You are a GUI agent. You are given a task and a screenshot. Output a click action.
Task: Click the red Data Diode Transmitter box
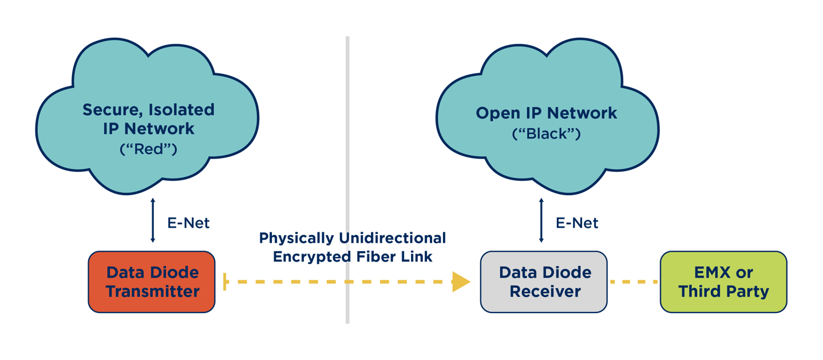[152, 282]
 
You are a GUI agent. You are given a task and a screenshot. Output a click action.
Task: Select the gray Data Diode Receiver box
[544, 282]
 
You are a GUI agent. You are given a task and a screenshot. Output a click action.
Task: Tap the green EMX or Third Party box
[723, 282]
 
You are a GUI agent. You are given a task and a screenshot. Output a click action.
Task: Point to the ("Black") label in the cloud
[546, 134]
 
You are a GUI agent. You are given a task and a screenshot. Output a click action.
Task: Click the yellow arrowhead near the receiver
[461, 282]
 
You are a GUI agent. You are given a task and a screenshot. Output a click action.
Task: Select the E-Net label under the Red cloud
[188, 223]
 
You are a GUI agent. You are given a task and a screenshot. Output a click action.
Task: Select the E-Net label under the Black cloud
[577, 223]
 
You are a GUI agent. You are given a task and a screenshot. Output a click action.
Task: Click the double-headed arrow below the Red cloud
[152, 220]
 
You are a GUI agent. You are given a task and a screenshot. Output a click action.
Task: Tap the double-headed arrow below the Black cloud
[541, 220]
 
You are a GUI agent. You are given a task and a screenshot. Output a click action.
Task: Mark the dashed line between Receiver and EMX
[634, 282]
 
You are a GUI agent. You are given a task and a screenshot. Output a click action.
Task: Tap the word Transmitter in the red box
[152, 291]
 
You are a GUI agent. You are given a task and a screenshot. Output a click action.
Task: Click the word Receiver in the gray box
[545, 291]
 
